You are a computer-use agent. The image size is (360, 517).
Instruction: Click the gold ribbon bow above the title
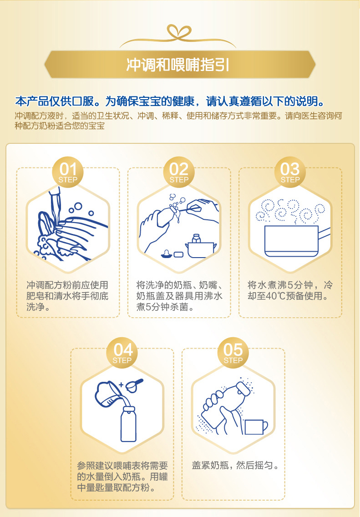[179, 32]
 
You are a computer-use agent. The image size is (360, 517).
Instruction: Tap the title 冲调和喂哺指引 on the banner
[178, 65]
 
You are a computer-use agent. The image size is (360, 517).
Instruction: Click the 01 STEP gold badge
[67, 172]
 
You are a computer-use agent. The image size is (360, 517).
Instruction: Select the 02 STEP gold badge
[179, 172]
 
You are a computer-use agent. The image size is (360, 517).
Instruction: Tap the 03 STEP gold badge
[290, 172]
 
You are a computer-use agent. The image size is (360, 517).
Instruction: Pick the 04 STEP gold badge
[122, 352]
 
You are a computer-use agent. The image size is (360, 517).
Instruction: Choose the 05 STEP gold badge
[233, 352]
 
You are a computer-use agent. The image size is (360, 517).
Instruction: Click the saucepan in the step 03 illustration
[291, 241]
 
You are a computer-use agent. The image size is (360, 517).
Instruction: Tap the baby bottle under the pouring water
[128, 424]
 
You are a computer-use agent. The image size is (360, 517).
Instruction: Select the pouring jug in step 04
[106, 394]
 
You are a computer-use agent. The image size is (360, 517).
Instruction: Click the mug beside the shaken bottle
[256, 427]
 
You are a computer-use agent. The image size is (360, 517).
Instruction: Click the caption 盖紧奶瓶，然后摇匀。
[235, 465]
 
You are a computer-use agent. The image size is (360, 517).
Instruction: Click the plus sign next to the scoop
[121, 385]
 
